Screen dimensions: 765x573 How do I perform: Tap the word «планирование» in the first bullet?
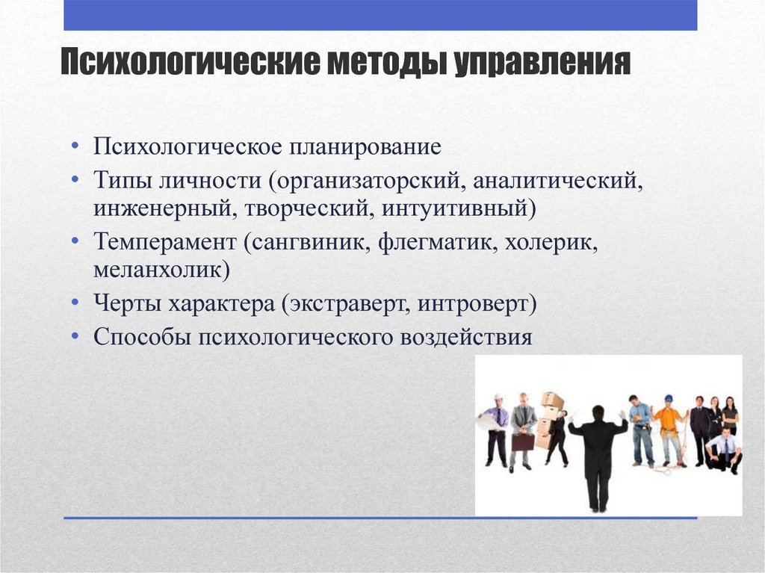[365, 147]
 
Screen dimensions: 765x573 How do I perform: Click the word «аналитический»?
[557, 181]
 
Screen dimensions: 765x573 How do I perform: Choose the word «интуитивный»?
[459, 208]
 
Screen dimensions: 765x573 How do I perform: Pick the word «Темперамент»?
[165, 242]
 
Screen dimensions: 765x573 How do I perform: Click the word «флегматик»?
[438, 243]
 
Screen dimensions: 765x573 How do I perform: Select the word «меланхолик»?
[161, 270]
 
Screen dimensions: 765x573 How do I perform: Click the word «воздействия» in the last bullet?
[466, 337]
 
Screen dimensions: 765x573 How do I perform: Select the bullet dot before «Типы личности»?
[75, 180]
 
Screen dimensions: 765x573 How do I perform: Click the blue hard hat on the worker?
[669, 398]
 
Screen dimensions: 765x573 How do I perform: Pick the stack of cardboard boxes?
[549, 421]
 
